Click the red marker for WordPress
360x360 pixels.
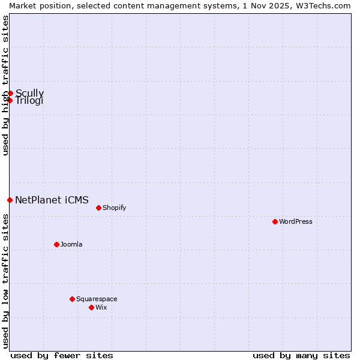pos(275,221)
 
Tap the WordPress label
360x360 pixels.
pos(296,221)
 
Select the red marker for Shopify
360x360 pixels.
pos(98,208)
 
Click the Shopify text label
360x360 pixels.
pos(114,208)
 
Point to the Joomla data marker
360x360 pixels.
pos(56,244)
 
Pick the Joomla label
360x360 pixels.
pos(71,244)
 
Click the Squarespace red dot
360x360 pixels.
pos(72,299)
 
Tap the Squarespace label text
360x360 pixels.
pos(97,299)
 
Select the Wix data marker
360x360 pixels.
pos(91,307)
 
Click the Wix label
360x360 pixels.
pos(101,307)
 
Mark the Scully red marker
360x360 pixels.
pos(10,93)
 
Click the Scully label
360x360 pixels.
pos(29,93)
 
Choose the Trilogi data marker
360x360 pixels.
pos(10,100)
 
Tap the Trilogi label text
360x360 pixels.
pos(29,101)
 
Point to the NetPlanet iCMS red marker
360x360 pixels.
pos(10,200)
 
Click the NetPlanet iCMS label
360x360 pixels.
pos(52,200)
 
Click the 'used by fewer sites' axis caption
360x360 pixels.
pos(62,355)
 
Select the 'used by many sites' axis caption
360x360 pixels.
pos(301,355)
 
